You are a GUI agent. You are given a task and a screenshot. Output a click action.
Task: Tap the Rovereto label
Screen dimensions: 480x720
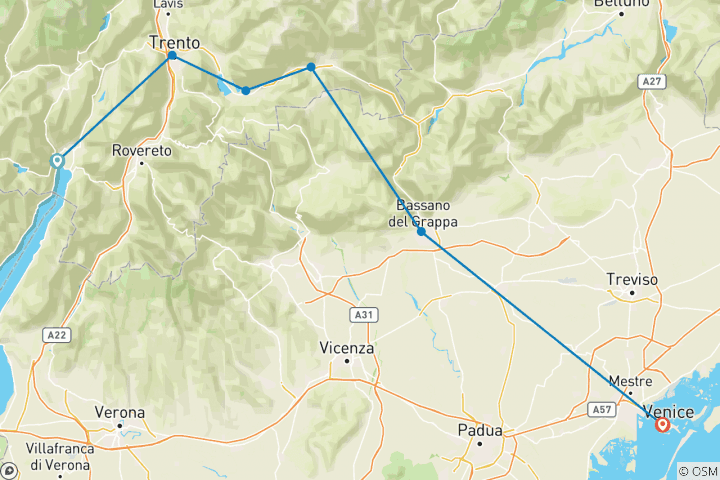(x=143, y=150)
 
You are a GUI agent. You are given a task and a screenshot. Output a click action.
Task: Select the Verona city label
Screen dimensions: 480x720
(x=119, y=412)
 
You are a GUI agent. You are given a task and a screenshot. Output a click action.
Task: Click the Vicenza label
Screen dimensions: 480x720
(x=348, y=348)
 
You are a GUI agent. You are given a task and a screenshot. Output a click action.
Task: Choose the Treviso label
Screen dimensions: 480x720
(x=632, y=280)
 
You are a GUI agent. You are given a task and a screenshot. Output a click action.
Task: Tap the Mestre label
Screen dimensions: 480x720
(x=631, y=381)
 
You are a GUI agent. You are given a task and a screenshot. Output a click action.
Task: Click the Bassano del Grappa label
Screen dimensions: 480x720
(x=422, y=215)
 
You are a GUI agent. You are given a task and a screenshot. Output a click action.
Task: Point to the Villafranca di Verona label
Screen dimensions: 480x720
(x=60, y=456)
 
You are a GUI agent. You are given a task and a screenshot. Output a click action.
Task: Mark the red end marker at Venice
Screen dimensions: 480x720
(x=662, y=424)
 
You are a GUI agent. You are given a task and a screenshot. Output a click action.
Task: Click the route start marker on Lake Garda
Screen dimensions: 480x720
(x=57, y=160)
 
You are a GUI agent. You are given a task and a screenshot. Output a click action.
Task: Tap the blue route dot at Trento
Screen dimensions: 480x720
(x=172, y=56)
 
